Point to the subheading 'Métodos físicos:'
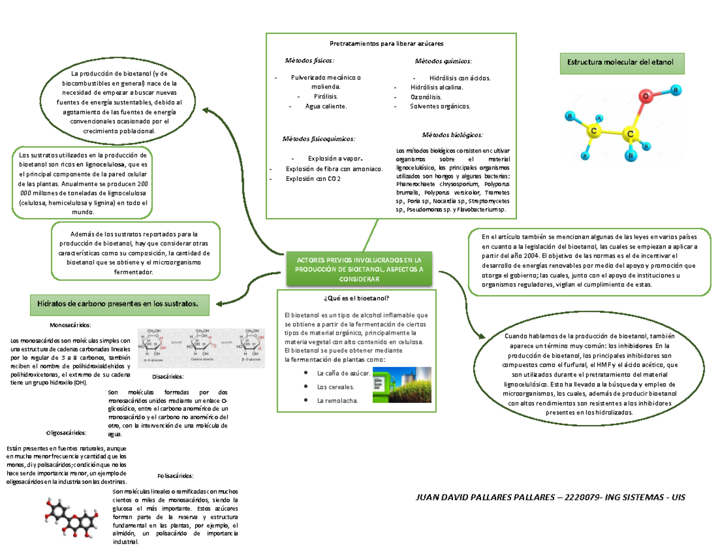[310, 60]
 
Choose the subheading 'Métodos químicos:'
[443, 61]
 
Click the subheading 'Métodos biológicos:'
[452, 135]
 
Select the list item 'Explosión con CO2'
[312, 178]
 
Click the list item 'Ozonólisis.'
[426, 96]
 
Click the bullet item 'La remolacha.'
[337, 401]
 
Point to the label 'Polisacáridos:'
[175, 476]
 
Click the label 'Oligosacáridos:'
[66, 432]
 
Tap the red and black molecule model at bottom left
[71, 517]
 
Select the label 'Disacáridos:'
[168, 377]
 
